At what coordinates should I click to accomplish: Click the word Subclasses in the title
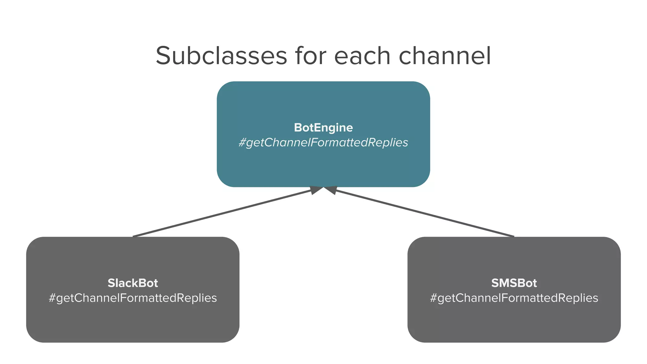point(221,56)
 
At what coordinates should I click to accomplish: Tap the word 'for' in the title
point(311,56)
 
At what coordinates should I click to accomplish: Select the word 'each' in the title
point(362,56)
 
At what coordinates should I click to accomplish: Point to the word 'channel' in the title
point(445,56)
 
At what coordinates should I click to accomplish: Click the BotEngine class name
point(323,128)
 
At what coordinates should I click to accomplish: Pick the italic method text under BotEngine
point(323,143)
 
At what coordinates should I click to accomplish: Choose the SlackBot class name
point(133,283)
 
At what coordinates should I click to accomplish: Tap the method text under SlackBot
point(133,298)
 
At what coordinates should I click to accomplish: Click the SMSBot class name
point(514,283)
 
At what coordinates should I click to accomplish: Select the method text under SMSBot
point(514,298)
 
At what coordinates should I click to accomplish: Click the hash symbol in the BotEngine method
point(242,143)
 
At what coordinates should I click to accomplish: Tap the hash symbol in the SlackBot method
point(52,298)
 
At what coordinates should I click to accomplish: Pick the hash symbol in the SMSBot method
point(433,298)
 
